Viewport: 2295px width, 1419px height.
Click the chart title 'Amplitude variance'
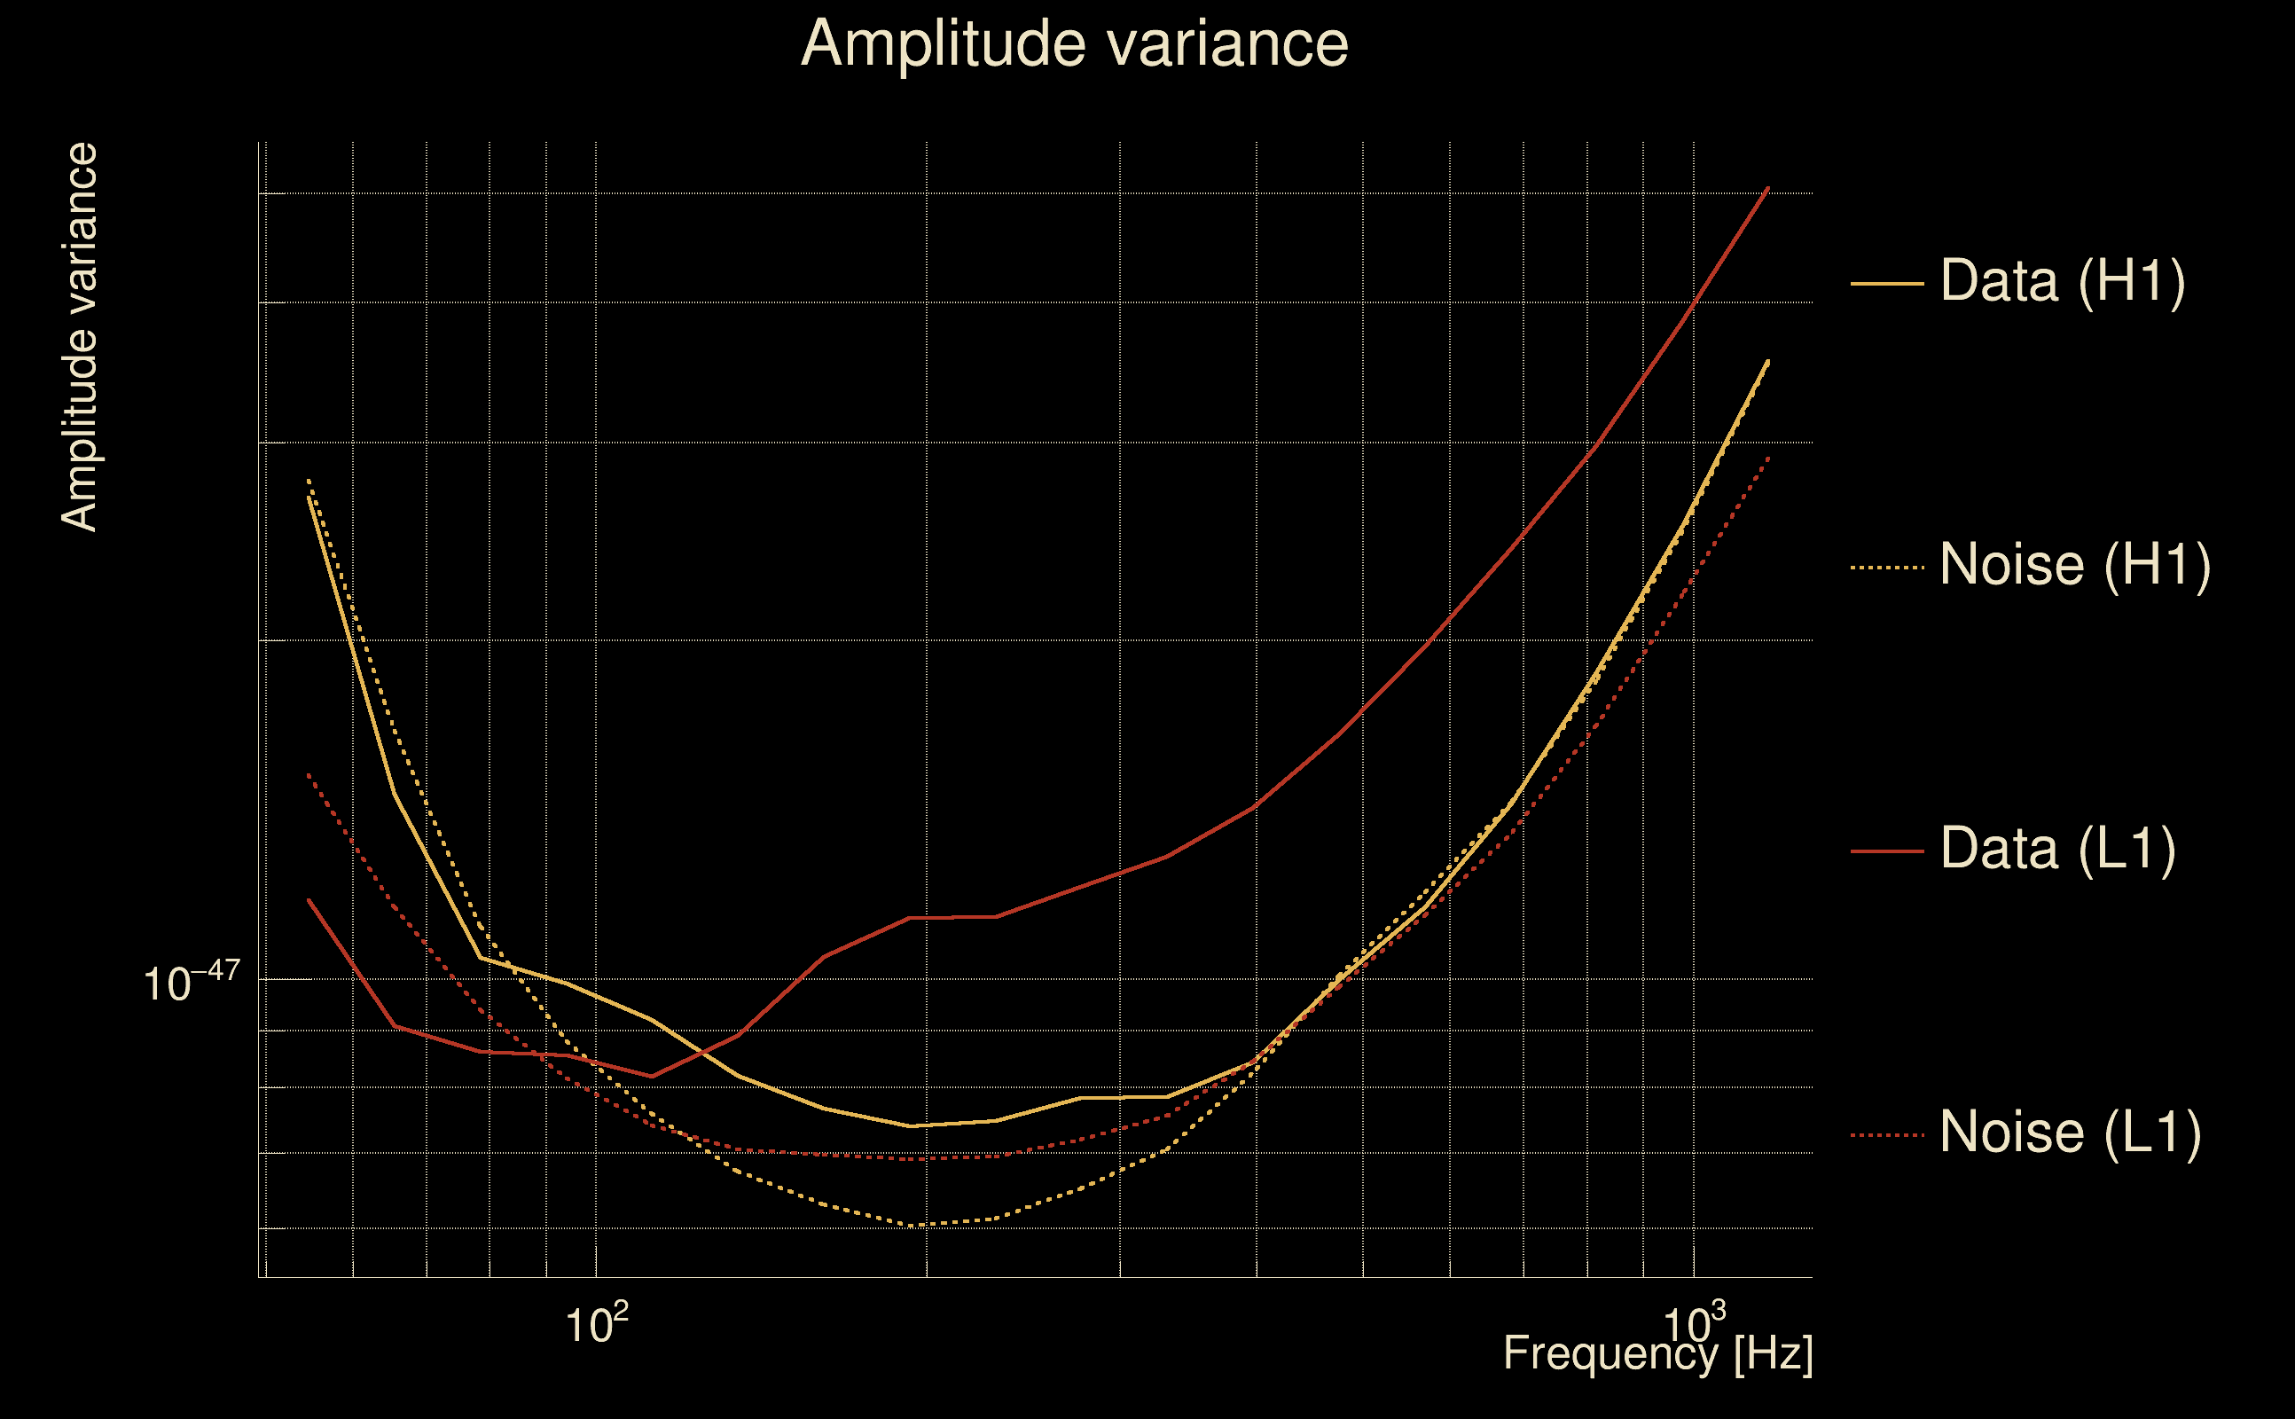click(1073, 43)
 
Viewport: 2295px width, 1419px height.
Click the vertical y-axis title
click(79, 337)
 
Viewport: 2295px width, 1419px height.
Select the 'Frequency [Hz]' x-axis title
click(1657, 1353)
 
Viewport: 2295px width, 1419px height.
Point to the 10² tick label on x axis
click(596, 1323)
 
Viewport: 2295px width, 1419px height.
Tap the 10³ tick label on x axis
click(1694, 1323)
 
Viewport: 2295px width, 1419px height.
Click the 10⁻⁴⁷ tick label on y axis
click(192, 982)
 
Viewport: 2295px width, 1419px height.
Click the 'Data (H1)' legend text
click(2063, 280)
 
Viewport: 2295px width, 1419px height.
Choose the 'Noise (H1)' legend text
click(2074, 565)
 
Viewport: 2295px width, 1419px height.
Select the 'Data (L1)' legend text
click(2057, 850)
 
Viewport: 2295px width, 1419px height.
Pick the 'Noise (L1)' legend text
click(2070, 1132)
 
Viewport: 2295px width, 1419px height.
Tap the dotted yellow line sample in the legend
click(1887, 567)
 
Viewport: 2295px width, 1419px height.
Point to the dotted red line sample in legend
click(1887, 1134)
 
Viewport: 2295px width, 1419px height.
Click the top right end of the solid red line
click(1767, 188)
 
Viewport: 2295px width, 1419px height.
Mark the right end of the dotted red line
click(1767, 457)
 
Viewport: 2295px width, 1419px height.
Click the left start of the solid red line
click(309, 900)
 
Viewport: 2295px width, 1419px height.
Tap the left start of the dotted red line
click(309, 774)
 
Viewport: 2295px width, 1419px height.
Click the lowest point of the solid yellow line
click(910, 1126)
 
